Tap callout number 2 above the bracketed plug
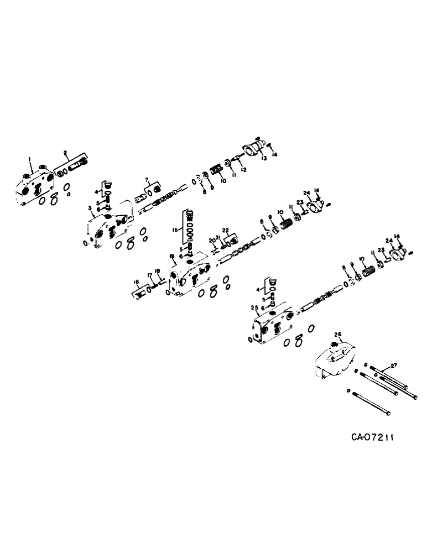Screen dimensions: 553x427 (x=65, y=152)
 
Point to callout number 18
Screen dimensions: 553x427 (x=158, y=270)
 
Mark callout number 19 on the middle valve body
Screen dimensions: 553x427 (x=172, y=256)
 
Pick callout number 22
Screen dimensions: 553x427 (x=226, y=230)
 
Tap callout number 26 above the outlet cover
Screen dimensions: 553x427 (x=339, y=333)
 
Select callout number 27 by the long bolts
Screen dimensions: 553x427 (x=394, y=366)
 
